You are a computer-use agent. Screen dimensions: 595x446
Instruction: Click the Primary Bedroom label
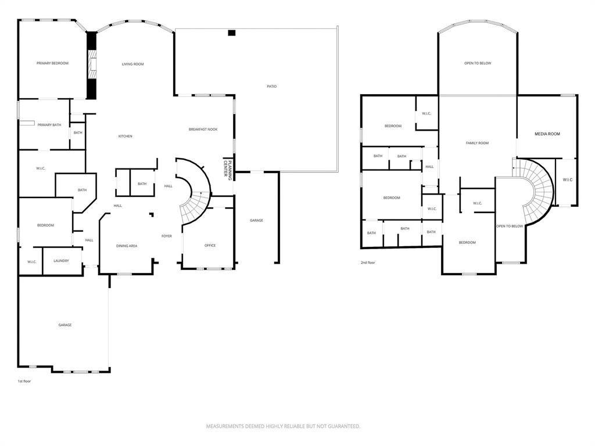52,63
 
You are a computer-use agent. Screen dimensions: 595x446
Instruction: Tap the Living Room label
133,64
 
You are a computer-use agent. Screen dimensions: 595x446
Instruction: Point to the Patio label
272,87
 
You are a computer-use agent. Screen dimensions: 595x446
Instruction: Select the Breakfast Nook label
203,130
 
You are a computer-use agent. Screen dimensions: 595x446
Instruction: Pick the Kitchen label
126,136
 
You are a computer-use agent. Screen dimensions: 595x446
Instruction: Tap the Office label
210,246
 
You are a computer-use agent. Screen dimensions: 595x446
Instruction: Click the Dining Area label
127,246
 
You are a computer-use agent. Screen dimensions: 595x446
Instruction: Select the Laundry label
61,261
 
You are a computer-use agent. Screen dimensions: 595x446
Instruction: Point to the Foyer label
167,236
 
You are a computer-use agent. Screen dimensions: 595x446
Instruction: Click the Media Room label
547,134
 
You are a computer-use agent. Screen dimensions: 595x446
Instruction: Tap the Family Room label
478,143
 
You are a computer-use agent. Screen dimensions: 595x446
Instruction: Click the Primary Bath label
49,125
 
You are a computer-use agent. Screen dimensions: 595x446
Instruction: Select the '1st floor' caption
24,381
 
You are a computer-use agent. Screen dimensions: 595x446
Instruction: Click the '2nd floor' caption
368,262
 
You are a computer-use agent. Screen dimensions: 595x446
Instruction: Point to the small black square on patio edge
232,33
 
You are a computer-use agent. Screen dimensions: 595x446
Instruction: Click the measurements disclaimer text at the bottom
283,427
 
